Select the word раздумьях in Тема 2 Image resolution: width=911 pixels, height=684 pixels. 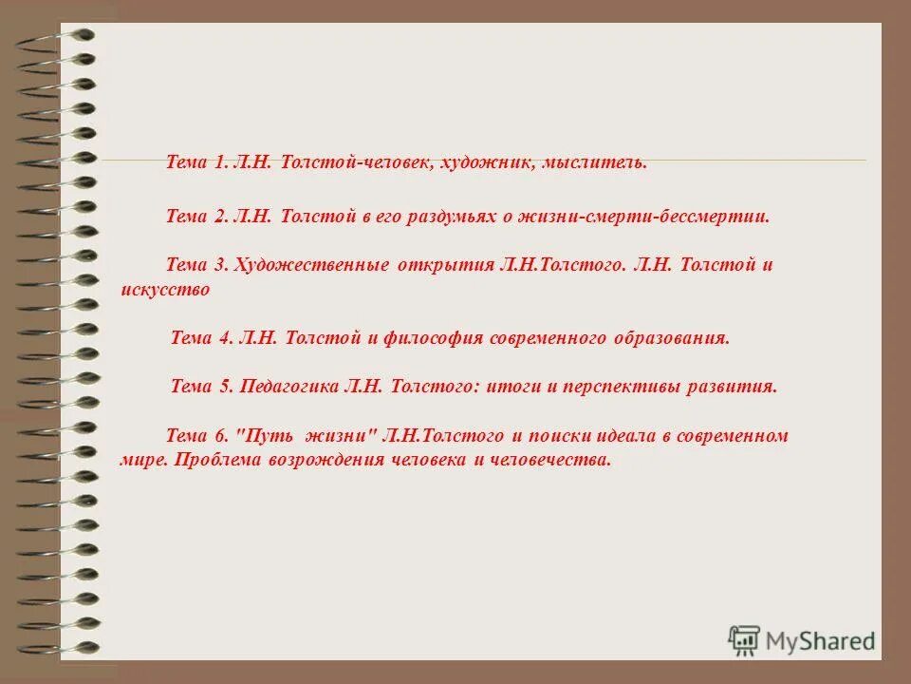446,217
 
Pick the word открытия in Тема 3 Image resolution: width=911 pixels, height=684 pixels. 442,265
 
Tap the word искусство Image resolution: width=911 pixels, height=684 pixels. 165,291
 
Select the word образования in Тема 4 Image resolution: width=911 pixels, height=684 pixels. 678,337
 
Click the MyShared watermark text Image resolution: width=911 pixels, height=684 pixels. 822,641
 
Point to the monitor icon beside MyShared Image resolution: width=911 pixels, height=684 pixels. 744,639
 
